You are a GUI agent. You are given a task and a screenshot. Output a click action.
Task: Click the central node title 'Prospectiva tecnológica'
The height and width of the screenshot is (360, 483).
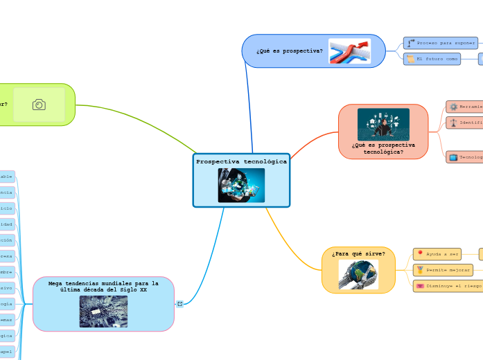[241, 161]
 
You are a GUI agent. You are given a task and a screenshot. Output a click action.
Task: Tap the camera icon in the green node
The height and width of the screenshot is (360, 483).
[39, 105]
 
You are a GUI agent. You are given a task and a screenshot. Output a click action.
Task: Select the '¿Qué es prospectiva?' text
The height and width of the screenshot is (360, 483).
[289, 51]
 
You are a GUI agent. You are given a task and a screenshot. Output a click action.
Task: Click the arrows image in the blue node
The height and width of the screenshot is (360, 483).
[349, 51]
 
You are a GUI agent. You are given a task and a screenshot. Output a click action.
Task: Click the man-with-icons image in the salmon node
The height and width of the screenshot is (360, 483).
[383, 125]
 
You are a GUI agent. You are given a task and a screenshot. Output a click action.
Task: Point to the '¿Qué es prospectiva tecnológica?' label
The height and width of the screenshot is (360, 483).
[383, 149]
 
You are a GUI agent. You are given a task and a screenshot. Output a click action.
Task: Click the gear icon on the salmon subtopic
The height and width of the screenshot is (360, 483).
[453, 107]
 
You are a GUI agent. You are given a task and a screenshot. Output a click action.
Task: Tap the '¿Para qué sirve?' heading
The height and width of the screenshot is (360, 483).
[358, 254]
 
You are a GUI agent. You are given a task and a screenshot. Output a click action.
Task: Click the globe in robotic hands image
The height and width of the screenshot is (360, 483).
[358, 275]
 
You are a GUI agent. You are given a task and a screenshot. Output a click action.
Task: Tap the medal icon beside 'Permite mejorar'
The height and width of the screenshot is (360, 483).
[419, 269]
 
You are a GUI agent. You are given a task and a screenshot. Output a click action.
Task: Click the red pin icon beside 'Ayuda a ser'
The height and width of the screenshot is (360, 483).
[419, 254]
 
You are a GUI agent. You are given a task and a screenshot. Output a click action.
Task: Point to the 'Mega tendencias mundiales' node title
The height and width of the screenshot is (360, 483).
[103, 287]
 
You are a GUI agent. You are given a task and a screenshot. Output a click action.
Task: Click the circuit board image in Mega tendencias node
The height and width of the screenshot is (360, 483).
[103, 312]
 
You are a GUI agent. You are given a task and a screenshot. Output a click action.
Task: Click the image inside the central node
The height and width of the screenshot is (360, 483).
[241, 185]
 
